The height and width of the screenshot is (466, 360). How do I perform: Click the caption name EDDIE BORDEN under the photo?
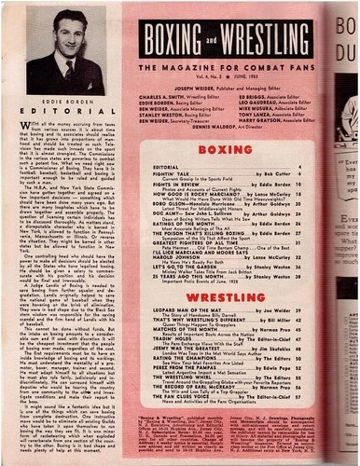tap(68, 95)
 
